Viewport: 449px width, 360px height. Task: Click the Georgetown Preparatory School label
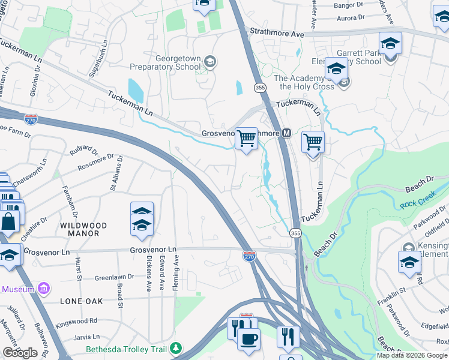[178, 62]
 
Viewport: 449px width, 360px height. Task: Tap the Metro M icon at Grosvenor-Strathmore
[286, 133]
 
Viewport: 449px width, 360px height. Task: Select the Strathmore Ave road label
[277, 34]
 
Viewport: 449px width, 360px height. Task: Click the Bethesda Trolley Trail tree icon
[175, 348]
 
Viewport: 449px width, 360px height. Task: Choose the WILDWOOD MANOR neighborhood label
[83, 230]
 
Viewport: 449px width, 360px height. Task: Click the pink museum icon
[43, 289]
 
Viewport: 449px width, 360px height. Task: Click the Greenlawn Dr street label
[115, 278]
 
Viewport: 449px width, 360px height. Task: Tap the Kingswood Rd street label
[76, 321]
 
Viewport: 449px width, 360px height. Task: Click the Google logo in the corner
[20, 353]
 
